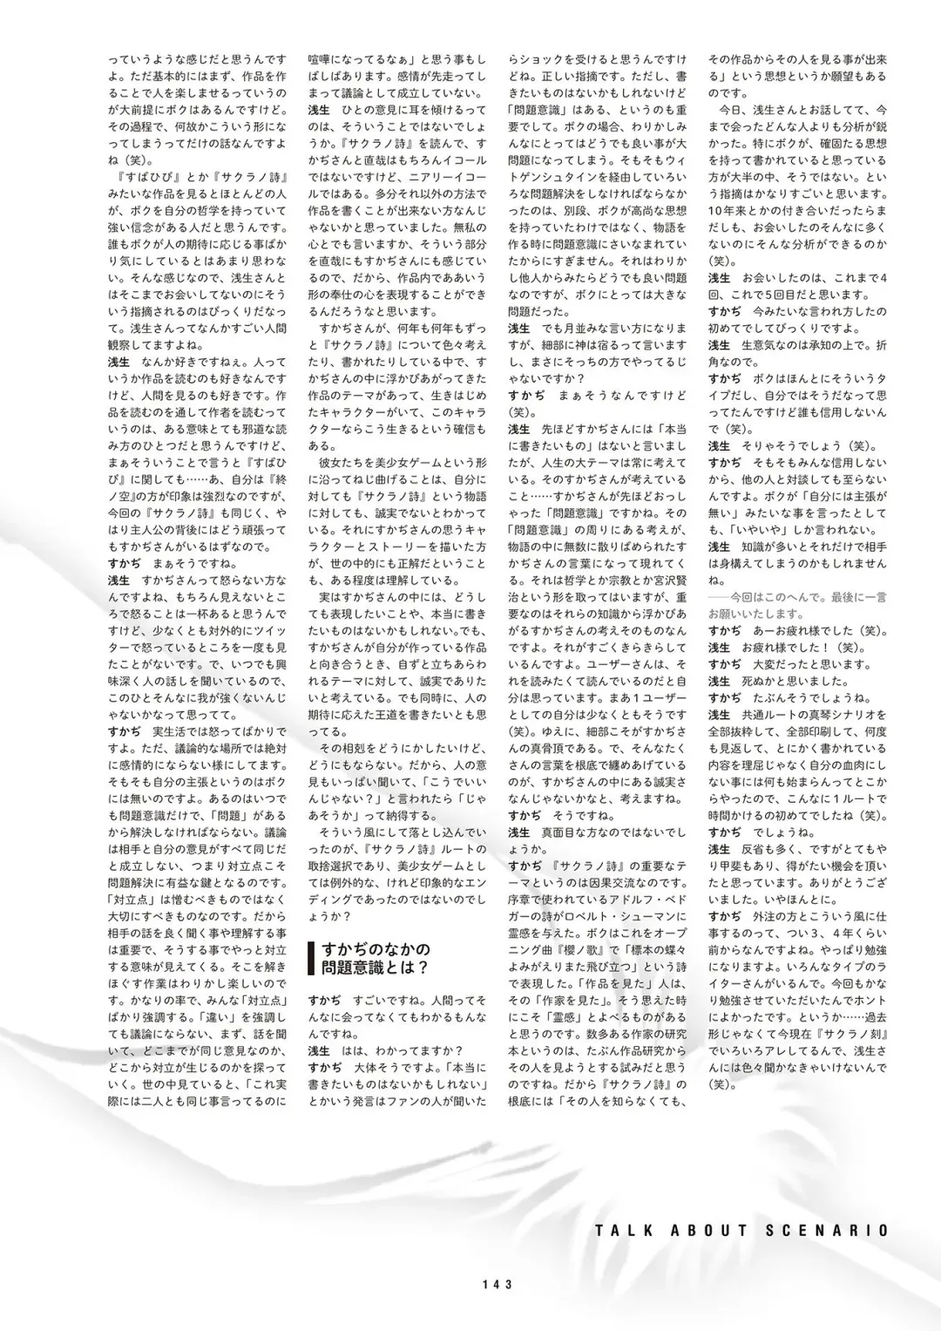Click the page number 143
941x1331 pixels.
click(495, 1284)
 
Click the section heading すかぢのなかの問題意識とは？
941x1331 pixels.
click(376, 959)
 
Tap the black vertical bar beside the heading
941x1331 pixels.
click(311, 959)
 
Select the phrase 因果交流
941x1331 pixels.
click(623, 883)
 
